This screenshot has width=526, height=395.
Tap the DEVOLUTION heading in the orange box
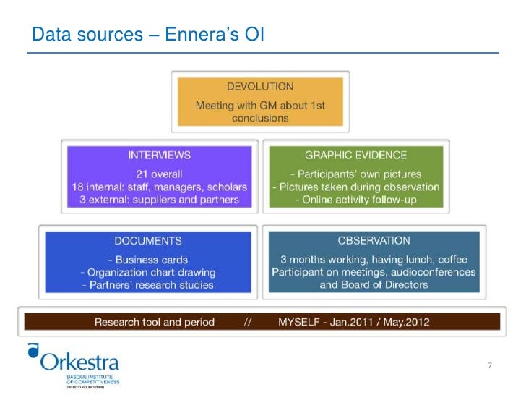(x=260, y=87)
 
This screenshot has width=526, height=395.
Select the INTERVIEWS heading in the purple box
(x=159, y=155)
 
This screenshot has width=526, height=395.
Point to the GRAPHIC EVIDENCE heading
(x=355, y=155)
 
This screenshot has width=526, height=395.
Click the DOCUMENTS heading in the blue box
(x=148, y=240)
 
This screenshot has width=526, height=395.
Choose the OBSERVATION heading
(x=374, y=240)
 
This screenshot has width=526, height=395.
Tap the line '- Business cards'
(x=148, y=260)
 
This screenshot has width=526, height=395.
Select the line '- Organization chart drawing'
(x=148, y=272)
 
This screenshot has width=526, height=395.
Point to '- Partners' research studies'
(x=148, y=285)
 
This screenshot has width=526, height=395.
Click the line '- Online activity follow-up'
(x=355, y=200)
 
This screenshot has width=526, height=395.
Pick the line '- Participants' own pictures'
(x=355, y=174)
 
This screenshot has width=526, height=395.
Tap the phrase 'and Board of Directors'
(x=374, y=285)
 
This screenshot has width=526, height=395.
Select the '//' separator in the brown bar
(x=246, y=322)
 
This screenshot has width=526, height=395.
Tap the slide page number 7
(x=489, y=365)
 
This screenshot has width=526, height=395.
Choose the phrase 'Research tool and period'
(x=155, y=322)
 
